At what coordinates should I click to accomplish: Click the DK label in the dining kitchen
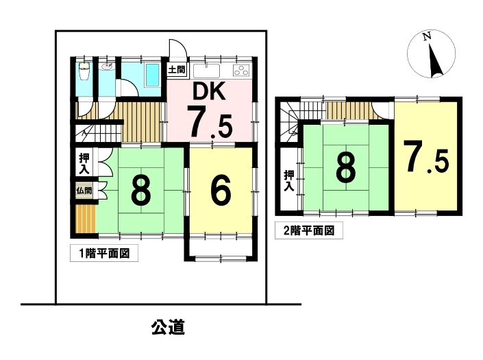click(209, 91)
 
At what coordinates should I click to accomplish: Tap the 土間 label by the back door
click(177, 70)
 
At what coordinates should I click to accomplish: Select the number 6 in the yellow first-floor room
click(221, 191)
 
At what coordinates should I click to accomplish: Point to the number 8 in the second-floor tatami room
click(346, 167)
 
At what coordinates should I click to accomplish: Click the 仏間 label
click(84, 191)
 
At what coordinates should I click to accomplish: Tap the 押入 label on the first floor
click(84, 164)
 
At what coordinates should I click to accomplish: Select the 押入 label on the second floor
click(288, 180)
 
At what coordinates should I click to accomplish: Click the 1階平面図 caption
click(104, 253)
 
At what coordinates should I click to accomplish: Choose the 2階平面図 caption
click(309, 230)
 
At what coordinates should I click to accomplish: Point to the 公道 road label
click(168, 327)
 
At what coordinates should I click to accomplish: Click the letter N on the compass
click(427, 37)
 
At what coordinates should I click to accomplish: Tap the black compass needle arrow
click(436, 60)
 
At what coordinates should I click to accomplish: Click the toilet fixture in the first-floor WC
click(84, 71)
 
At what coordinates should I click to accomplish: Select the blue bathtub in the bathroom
click(152, 75)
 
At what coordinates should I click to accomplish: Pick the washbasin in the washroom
click(107, 67)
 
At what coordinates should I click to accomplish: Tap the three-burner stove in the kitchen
click(241, 71)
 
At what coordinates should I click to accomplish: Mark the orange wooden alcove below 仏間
click(86, 219)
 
